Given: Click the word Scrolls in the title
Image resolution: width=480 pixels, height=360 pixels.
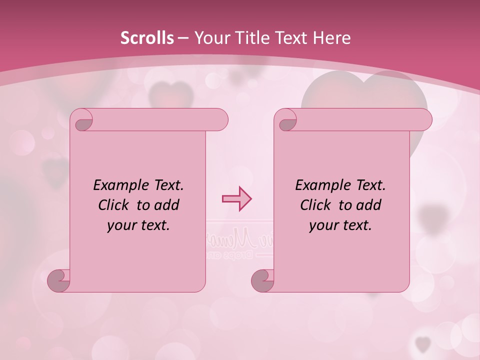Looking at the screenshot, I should (147, 38).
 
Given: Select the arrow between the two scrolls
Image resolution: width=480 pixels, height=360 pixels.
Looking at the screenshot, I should (236, 199).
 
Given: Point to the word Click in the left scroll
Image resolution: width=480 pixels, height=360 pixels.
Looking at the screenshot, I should (115, 205).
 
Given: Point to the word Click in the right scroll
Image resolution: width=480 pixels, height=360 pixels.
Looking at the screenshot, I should (317, 205).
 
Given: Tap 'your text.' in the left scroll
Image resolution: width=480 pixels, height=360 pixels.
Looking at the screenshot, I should (138, 225).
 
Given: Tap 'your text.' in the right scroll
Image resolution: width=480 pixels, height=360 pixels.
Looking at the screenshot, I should (340, 225).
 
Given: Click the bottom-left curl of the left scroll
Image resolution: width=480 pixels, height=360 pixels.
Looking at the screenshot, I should (58, 280).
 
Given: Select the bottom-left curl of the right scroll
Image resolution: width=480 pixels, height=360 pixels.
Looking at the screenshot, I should (262, 280).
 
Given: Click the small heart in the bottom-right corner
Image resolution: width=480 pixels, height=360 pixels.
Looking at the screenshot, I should (423, 343).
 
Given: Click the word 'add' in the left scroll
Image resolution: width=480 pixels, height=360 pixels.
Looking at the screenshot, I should (167, 205).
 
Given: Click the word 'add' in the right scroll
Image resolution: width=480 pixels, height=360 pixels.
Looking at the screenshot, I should (369, 205).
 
